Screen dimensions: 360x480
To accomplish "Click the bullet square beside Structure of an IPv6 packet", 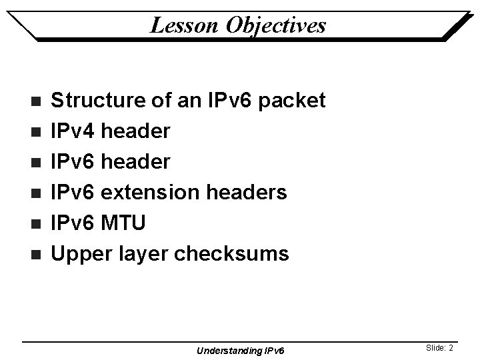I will click(36, 101).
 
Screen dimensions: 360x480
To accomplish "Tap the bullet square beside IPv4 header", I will click(36, 132).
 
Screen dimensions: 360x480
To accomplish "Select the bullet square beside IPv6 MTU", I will click(36, 223).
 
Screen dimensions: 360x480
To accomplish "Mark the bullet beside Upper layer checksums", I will click(36, 254).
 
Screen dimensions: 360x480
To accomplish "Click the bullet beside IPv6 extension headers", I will click(36, 193).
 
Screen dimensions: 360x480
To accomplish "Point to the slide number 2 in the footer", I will click(451, 347).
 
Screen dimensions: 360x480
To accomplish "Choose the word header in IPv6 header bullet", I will click(137, 162).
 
